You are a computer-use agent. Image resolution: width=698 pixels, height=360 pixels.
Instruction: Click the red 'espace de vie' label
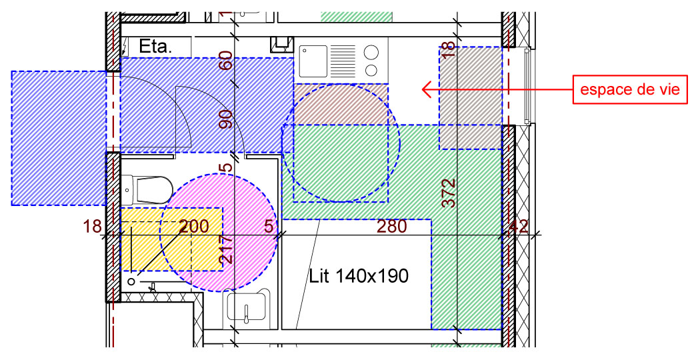tap(630, 89)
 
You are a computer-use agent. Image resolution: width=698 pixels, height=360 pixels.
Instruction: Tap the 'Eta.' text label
tap(155, 46)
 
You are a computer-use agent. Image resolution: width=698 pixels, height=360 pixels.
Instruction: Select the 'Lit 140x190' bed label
tap(359, 276)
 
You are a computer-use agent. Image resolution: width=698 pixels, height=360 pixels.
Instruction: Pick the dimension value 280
tap(392, 227)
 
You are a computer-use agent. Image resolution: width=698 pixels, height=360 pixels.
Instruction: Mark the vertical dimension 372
tap(449, 193)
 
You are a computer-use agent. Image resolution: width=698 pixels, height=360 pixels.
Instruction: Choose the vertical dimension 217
tap(226, 249)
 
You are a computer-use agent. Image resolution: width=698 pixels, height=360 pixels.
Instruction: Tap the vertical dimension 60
tap(226, 61)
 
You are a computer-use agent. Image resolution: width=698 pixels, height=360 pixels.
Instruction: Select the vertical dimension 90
tap(226, 119)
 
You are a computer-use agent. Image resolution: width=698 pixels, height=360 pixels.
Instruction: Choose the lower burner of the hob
tap(371, 70)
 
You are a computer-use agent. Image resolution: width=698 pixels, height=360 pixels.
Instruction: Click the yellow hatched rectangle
tap(172, 239)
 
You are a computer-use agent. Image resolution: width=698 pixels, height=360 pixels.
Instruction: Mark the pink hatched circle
tap(218, 233)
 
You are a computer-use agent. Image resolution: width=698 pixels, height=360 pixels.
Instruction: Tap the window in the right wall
tap(527, 86)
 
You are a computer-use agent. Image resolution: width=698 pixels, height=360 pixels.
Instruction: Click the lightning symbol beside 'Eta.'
tap(125, 46)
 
